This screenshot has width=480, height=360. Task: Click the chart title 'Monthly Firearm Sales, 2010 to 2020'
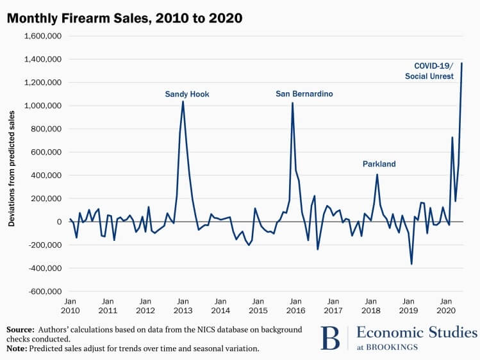click(x=125, y=19)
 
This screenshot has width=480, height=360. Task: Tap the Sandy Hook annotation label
click(x=187, y=94)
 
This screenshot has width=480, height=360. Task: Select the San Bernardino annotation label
click(x=304, y=94)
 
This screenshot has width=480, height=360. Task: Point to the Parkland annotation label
click(x=379, y=164)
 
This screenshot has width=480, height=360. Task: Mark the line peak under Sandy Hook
click(x=183, y=101)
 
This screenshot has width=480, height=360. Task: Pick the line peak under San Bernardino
click(x=293, y=103)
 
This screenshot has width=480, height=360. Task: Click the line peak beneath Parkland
click(x=377, y=174)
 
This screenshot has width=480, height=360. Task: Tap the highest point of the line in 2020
click(x=462, y=63)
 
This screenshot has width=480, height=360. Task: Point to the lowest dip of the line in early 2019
click(x=411, y=264)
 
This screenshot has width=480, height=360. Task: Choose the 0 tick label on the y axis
click(x=58, y=222)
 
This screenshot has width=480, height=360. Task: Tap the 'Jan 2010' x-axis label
click(x=70, y=305)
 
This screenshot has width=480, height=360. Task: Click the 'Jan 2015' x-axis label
click(x=258, y=305)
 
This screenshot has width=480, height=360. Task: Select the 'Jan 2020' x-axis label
click(x=445, y=305)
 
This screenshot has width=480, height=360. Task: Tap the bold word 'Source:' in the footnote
click(x=21, y=329)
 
